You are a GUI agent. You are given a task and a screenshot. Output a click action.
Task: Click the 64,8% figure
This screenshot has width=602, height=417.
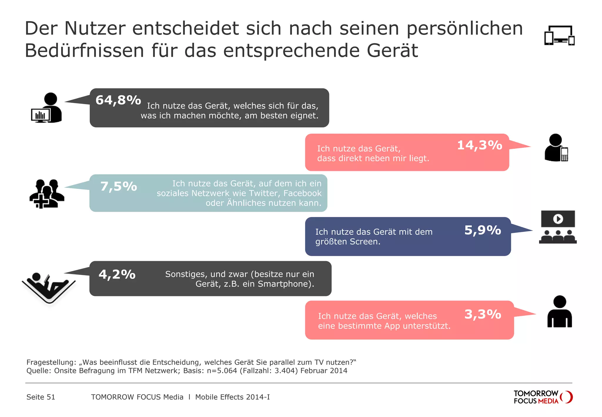pyautogui.click(x=118, y=100)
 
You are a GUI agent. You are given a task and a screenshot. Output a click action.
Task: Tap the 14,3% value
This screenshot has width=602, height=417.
pyautogui.click(x=479, y=145)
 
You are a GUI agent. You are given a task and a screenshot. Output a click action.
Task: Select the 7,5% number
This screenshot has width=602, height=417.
pyautogui.click(x=118, y=186)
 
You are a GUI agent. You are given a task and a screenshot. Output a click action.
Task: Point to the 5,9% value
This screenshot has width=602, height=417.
pyautogui.click(x=482, y=230)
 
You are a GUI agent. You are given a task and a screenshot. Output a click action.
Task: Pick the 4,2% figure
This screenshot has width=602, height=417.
pyautogui.click(x=117, y=274)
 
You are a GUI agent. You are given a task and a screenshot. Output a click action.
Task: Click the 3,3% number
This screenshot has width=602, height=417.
pyautogui.click(x=482, y=314)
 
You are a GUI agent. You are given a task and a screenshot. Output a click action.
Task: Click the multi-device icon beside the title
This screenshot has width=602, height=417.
pyautogui.click(x=559, y=36)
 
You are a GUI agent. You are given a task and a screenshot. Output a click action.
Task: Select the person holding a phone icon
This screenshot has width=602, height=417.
pyautogui.click(x=556, y=148)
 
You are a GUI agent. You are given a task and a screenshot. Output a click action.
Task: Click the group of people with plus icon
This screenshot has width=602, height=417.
pyautogui.click(x=46, y=194)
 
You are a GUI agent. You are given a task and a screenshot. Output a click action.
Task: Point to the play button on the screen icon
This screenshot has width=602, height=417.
pyautogui.click(x=558, y=219)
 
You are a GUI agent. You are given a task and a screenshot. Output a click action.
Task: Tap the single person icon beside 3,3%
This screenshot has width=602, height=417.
pyautogui.click(x=559, y=312)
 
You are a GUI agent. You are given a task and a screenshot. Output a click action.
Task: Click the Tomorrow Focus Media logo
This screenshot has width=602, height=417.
pyautogui.click(x=543, y=397)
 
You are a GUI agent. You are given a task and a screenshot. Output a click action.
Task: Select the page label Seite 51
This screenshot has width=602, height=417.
pyautogui.click(x=41, y=397)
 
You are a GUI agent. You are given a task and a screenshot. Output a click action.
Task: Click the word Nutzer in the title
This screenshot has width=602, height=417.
pyautogui.click(x=95, y=29)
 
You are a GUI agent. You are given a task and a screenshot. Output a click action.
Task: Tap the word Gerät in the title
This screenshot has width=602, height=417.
pyautogui.click(x=392, y=51)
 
